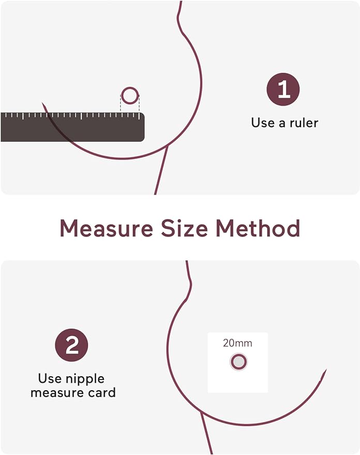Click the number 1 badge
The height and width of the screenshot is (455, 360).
tap(283, 89)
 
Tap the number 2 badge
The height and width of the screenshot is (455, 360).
tap(71, 345)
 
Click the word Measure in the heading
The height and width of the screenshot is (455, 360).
tap(106, 228)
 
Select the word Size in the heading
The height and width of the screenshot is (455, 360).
tap(184, 228)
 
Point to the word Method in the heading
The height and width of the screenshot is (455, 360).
tap(258, 228)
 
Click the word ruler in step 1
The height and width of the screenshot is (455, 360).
tap(303, 123)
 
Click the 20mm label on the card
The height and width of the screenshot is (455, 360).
tap(238, 343)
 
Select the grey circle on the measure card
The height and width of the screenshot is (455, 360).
tap(238, 362)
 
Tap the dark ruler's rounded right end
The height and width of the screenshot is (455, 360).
tap(143, 127)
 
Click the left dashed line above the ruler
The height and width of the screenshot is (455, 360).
tap(121, 103)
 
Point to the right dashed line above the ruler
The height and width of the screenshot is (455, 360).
tap(139, 103)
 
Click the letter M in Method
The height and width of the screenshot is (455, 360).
tap(226, 228)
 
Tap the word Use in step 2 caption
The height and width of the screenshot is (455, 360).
tap(50, 378)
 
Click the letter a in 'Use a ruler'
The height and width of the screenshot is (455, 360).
tap(282, 124)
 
